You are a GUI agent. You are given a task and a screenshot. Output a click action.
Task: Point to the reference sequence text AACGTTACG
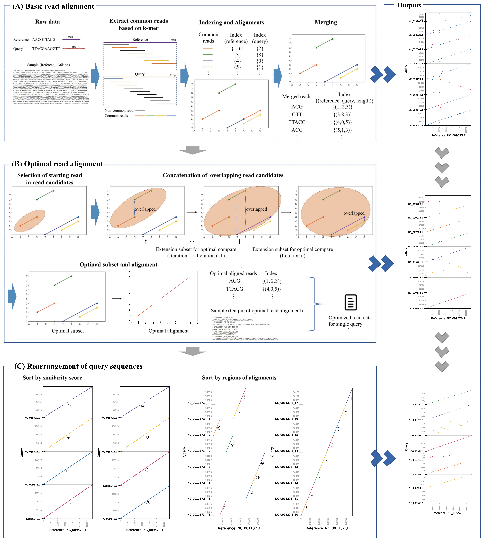[44, 39]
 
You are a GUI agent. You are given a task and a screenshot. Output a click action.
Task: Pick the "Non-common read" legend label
[119, 110]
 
